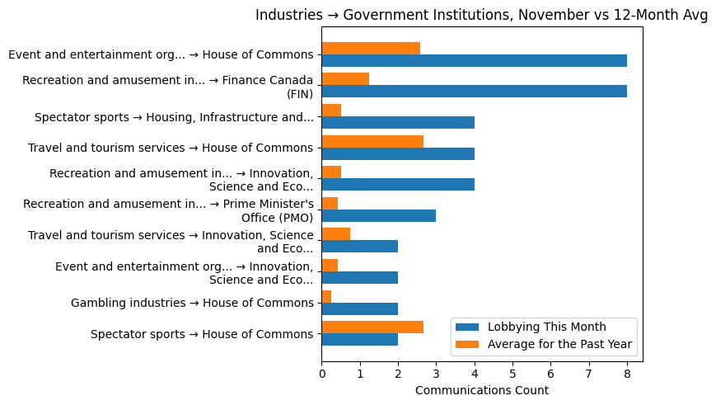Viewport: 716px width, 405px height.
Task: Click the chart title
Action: point(481,15)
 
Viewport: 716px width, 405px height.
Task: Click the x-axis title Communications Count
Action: point(481,390)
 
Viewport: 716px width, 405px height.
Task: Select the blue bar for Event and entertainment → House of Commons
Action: point(474,61)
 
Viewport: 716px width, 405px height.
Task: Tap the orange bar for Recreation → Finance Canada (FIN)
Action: point(345,79)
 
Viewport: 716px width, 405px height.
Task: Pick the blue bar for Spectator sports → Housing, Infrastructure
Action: point(398,123)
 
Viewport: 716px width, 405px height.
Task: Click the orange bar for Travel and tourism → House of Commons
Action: point(372,141)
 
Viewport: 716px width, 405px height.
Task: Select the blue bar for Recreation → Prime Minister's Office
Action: point(379,215)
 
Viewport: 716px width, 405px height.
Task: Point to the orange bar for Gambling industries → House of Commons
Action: point(326,296)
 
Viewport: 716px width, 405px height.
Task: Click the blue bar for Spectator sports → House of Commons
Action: point(359,340)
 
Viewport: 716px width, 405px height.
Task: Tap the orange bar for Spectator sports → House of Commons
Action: point(372,327)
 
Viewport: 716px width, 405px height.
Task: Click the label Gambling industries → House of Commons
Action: point(192,303)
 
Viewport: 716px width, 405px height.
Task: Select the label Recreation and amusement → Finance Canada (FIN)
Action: point(168,87)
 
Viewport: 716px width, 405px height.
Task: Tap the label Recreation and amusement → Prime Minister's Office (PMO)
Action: point(168,210)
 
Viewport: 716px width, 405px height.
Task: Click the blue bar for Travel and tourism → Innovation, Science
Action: point(359,247)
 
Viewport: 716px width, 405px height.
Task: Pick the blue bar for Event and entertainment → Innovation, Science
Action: point(359,278)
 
